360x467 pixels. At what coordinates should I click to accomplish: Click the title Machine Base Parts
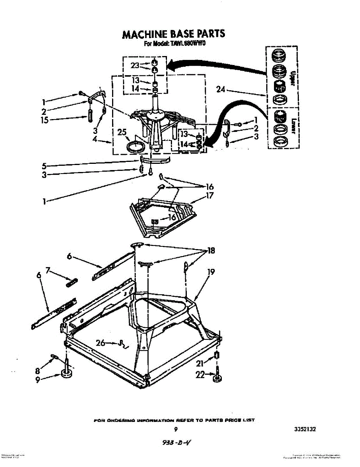coord(174,34)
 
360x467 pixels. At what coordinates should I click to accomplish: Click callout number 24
coord(221,90)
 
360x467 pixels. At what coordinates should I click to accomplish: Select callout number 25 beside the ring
coord(122,132)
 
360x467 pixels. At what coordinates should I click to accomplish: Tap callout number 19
coord(211,272)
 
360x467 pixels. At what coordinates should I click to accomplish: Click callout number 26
coord(101,343)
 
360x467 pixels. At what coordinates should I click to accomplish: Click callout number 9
coord(38,380)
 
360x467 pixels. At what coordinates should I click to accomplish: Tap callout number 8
coord(38,371)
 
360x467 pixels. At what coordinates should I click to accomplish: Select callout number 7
coord(48,270)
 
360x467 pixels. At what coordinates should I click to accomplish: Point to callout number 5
coord(45,165)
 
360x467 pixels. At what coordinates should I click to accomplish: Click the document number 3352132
coord(302,429)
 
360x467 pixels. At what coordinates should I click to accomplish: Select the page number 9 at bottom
coord(176,429)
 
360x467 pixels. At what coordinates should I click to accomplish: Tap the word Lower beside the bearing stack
coord(294,125)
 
